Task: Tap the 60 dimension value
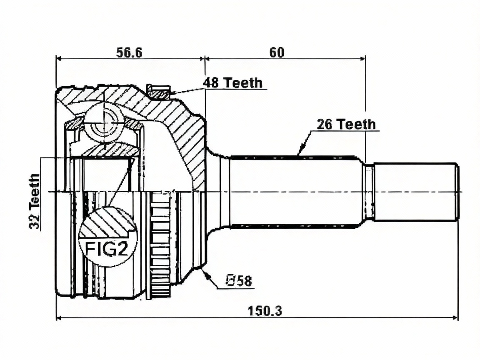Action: (277, 52)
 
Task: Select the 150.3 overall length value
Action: (265, 311)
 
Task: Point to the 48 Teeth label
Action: (233, 82)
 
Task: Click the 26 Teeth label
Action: (346, 124)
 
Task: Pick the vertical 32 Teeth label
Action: (35, 201)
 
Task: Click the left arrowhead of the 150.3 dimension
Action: (58, 318)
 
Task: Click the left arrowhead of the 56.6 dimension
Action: (58, 58)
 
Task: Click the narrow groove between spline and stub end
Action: (368, 192)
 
